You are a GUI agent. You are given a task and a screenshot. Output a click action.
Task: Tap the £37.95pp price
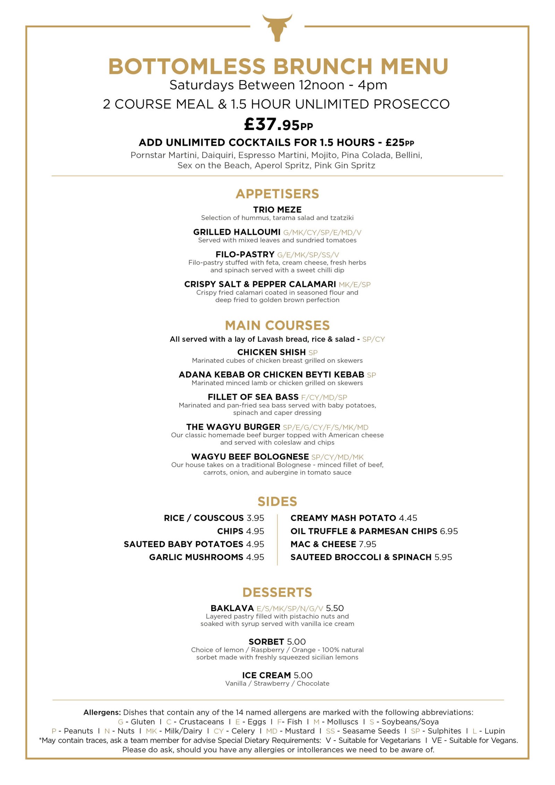click(278, 124)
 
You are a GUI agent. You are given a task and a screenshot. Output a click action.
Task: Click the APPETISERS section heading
click(277, 194)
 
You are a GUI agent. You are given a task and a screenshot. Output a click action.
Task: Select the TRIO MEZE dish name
click(277, 210)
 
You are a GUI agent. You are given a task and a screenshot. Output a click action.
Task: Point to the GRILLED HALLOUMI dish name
click(237, 232)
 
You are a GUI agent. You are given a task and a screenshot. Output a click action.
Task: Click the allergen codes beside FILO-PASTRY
click(308, 255)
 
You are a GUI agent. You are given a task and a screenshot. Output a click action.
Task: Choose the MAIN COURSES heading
click(277, 325)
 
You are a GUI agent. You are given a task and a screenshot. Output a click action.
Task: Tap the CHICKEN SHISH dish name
click(271, 352)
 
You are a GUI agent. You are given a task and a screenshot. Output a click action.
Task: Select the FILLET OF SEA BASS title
click(253, 397)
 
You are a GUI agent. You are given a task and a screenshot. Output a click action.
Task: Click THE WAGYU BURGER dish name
click(233, 427)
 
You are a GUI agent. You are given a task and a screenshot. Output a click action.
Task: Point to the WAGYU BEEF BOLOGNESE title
click(250, 457)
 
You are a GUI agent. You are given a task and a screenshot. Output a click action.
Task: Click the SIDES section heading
click(277, 501)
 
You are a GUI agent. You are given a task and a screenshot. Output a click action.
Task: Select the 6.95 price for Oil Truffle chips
click(449, 531)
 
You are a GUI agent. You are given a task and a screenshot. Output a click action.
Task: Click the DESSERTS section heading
click(277, 592)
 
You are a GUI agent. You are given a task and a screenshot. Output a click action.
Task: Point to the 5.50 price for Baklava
click(335, 608)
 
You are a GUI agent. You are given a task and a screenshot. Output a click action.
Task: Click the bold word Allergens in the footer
click(102, 712)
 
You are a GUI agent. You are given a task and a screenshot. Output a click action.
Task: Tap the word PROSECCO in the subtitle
click(412, 104)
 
